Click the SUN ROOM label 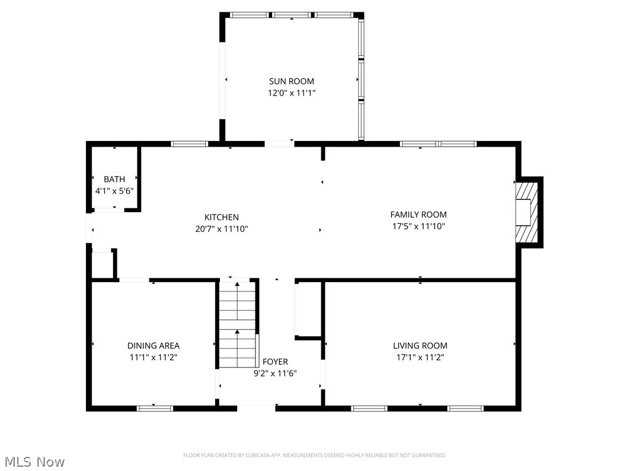coord(291,81)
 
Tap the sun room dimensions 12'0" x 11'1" coord(291,93)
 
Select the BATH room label coord(114,179)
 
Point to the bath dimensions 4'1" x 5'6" coord(114,191)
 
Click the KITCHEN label coord(222,217)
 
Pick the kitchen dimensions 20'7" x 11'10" coord(222,229)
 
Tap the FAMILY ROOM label coord(418,215)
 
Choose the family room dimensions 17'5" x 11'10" coord(418,226)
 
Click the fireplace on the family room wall coord(526,212)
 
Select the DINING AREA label coord(154,346)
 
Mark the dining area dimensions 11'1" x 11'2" coord(154,357)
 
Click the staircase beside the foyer coord(238,325)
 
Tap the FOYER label coord(275,362)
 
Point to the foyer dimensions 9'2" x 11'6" coord(275,373)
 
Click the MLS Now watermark coord(34,461)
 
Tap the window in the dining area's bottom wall coord(155,408)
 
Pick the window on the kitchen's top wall coord(190,144)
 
